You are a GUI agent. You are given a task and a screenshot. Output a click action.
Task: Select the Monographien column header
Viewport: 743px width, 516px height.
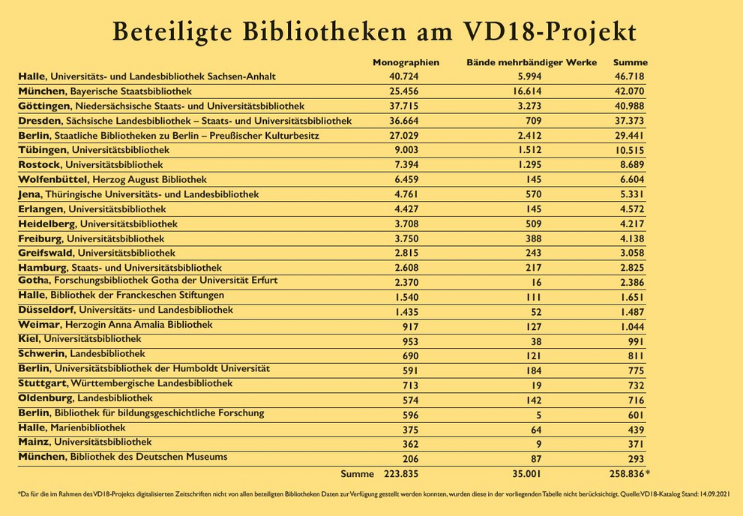(x=406, y=62)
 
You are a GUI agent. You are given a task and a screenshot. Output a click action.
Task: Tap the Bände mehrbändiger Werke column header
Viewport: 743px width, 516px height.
(x=532, y=62)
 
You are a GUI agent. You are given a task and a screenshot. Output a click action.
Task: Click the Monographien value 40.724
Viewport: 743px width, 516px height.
(x=403, y=76)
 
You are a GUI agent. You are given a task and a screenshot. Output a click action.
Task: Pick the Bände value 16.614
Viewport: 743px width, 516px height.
(x=530, y=91)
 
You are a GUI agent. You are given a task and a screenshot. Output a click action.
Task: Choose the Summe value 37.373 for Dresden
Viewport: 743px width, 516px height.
(x=630, y=121)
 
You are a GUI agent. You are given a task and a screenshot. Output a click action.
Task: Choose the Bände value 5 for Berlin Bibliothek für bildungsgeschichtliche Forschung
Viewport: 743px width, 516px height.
(x=538, y=415)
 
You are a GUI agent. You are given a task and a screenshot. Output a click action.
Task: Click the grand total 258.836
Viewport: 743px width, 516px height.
(x=627, y=474)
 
